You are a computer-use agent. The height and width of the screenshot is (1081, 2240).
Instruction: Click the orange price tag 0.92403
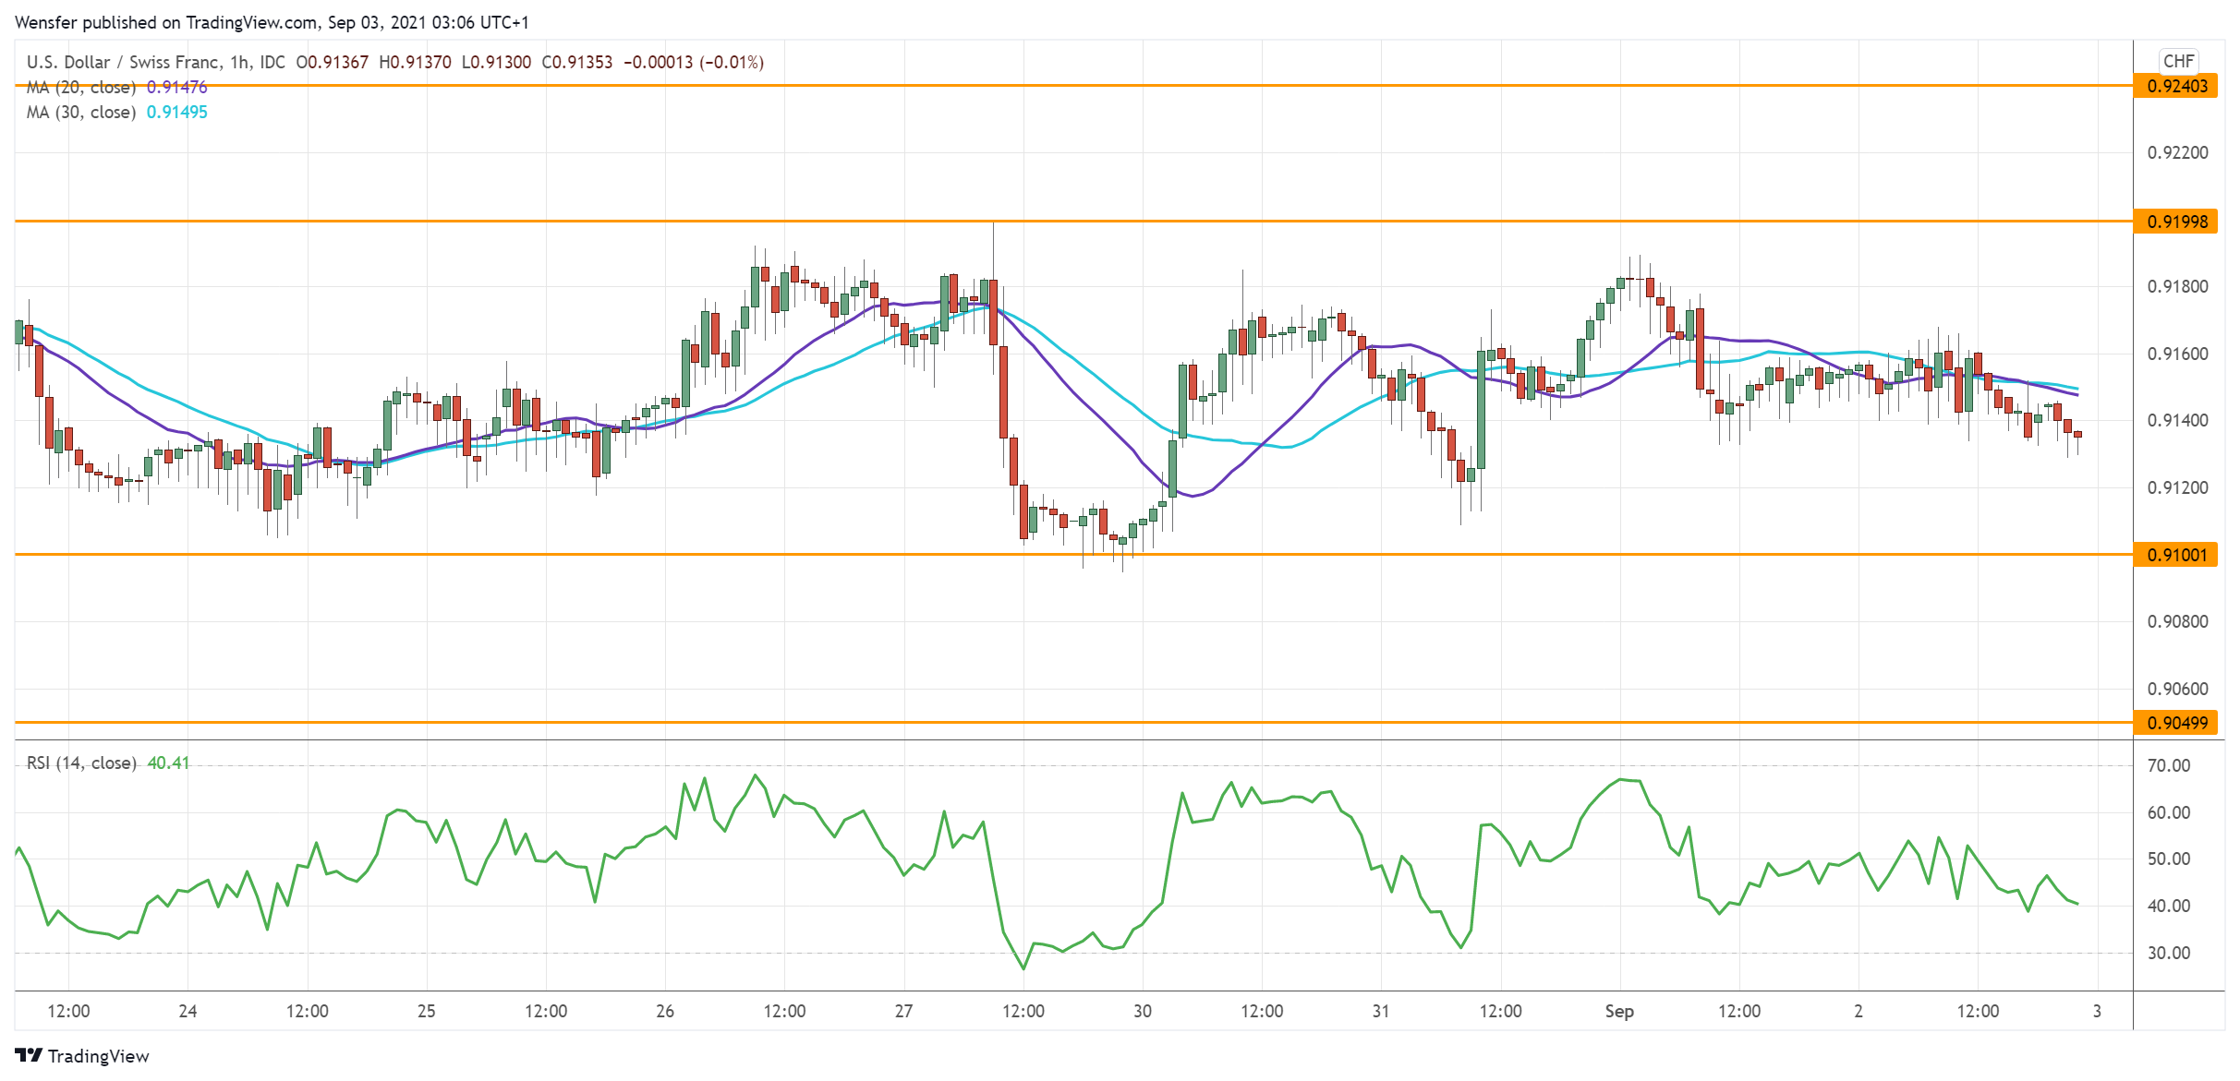pyautogui.click(x=2176, y=86)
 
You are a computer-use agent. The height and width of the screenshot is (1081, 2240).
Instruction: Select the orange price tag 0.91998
pyautogui.click(x=2176, y=222)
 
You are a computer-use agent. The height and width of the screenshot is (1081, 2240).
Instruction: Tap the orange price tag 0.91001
pyautogui.click(x=2176, y=555)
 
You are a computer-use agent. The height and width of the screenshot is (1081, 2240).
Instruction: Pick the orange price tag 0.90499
pyautogui.click(x=2176, y=723)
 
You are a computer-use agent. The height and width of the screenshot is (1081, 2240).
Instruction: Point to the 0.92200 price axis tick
pyautogui.click(x=2177, y=153)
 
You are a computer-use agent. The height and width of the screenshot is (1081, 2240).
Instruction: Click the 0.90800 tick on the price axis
pyautogui.click(x=2177, y=621)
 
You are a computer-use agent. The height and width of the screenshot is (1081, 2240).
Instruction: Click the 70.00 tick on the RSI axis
pyautogui.click(x=2168, y=765)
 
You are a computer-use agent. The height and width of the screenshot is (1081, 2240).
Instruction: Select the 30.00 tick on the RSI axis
pyautogui.click(x=2168, y=953)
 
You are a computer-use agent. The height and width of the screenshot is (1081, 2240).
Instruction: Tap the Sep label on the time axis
pyautogui.click(x=1618, y=1011)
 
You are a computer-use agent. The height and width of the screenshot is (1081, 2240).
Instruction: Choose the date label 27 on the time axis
pyautogui.click(x=903, y=1011)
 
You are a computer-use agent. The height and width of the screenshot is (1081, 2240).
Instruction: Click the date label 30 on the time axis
pyautogui.click(x=1142, y=1011)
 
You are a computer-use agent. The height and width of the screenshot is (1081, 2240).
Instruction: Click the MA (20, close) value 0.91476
pyautogui.click(x=176, y=88)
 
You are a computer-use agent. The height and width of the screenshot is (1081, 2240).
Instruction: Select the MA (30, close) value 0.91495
pyautogui.click(x=176, y=113)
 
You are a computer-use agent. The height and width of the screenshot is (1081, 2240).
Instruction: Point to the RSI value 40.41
pyautogui.click(x=168, y=763)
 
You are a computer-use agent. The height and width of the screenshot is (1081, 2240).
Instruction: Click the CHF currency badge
pyautogui.click(x=2177, y=61)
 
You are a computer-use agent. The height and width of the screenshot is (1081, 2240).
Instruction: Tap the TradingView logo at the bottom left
pyautogui.click(x=82, y=1056)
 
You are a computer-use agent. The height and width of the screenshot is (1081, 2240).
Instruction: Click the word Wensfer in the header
pyautogui.click(x=46, y=22)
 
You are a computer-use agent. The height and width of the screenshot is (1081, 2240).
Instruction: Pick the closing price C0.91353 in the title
pyautogui.click(x=576, y=63)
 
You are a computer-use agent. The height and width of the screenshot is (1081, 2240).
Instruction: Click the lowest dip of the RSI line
pyautogui.click(x=1023, y=968)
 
